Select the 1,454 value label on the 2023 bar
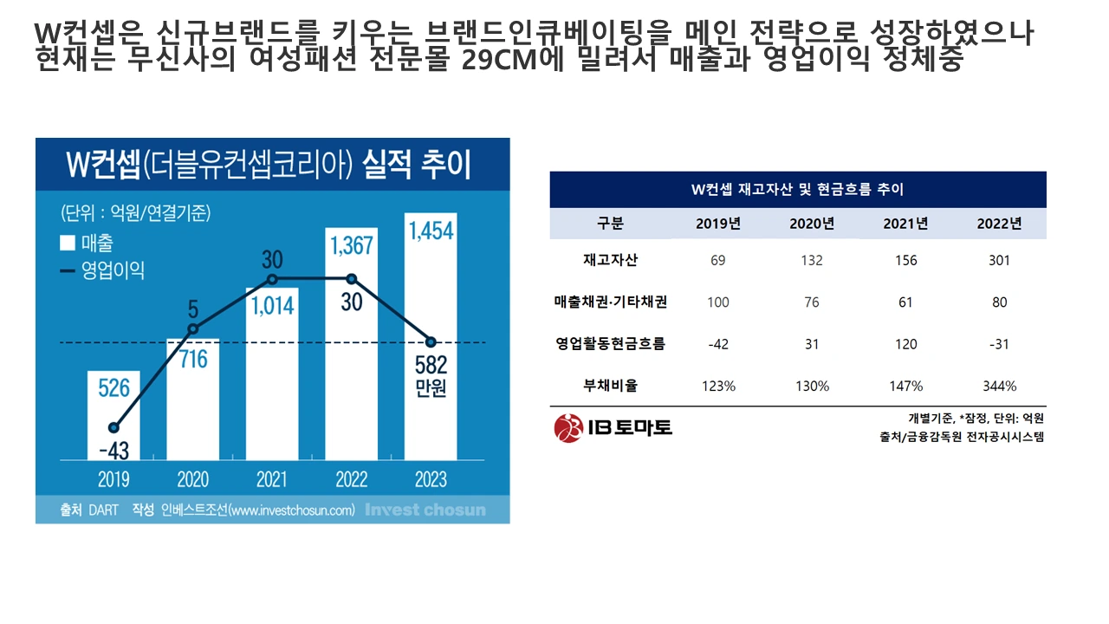[x=431, y=231]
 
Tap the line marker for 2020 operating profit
[x=193, y=329]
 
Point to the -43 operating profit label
[x=113, y=451]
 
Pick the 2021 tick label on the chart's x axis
[x=272, y=479]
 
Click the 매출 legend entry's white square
[x=68, y=244]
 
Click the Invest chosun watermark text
[x=425, y=510]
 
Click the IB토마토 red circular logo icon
[x=567, y=427]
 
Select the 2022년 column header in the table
[x=999, y=224]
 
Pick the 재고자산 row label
[x=610, y=260]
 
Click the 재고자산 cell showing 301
[x=999, y=260]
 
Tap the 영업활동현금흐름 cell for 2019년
[x=717, y=344]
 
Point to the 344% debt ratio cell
[x=999, y=386]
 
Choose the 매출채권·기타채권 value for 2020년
[x=812, y=302]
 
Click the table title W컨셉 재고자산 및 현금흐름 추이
[x=797, y=189]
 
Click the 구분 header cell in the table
[x=610, y=224]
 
